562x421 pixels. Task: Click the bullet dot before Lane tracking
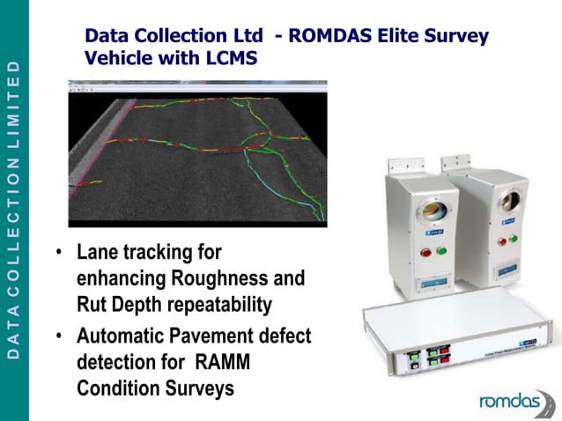58,254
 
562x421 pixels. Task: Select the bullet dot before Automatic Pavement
58,336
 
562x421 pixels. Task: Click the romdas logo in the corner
515,401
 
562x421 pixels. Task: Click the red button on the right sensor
503,240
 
